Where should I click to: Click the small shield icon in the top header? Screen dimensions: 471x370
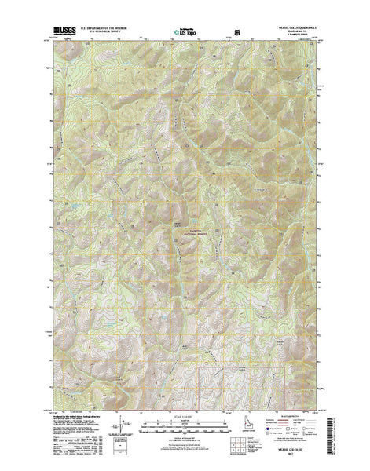[x=229, y=34]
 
